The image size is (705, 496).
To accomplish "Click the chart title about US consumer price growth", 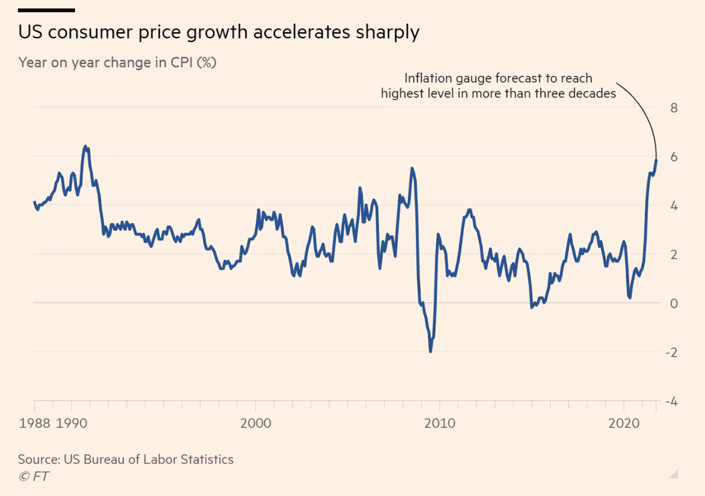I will [218, 32].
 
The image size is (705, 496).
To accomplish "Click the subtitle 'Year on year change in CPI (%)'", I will [117, 63].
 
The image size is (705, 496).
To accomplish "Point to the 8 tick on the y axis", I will [674, 108].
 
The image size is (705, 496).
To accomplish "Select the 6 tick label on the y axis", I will [674, 157].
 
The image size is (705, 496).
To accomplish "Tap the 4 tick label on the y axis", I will [674, 206].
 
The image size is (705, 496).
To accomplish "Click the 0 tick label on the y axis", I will [674, 303].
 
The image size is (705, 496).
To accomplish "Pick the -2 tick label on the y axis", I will [671, 352].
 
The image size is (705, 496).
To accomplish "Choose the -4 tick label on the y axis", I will [671, 402].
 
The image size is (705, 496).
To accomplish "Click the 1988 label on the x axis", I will [35, 423].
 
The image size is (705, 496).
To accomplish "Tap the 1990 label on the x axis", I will [71, 423].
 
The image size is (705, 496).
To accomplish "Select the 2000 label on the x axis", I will [255, 423].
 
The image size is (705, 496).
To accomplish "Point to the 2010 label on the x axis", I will [440, 423].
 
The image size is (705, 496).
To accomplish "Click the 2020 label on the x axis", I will [624, 423].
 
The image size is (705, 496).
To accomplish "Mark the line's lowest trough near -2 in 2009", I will [431, 351].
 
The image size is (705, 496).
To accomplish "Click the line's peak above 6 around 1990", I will [85, 147].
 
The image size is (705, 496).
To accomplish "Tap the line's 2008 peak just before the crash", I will [412, 169].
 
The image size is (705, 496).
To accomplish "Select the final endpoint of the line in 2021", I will [656, 160].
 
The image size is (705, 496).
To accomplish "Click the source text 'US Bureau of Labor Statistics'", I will [148, 460].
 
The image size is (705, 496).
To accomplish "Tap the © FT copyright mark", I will [34, 476].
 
